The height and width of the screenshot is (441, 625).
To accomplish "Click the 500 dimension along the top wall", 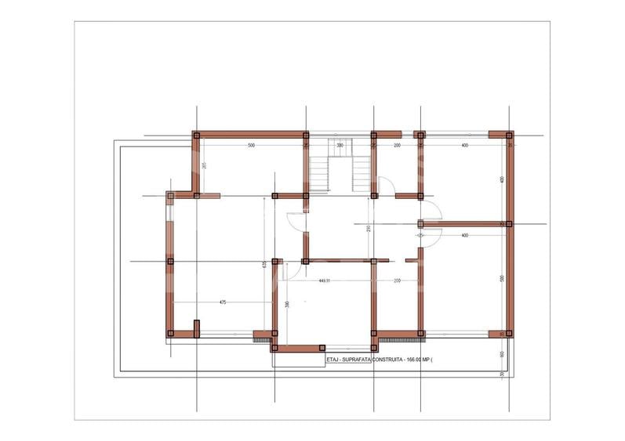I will coord(251,146).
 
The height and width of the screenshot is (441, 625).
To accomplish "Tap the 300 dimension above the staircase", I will coord(340,146).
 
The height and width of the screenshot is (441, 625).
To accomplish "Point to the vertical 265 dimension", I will coord(203,165).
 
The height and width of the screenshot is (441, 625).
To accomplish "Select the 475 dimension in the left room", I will coord(223,302).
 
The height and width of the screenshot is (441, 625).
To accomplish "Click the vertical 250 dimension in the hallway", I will coord(368,229).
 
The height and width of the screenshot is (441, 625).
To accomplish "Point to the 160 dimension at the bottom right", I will coord(501,354).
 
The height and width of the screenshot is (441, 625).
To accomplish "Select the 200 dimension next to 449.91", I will coord(397,280).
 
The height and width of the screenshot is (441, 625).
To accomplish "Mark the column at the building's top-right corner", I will coord(509,135).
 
